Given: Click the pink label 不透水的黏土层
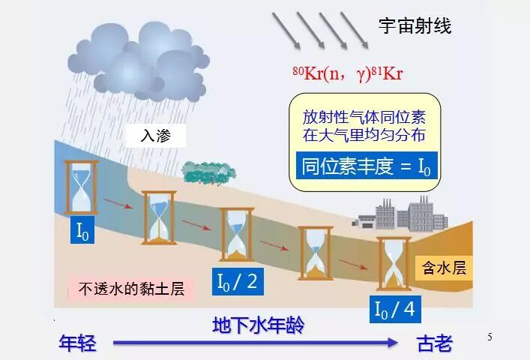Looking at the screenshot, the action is pos(130,288).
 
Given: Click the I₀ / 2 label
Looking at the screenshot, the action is pos(237,282).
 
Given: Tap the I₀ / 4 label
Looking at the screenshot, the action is pos(394,308).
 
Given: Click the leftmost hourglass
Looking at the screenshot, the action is pos(81,187).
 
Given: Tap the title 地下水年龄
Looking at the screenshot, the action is pos(259,325).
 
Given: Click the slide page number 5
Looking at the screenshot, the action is pos(490,337).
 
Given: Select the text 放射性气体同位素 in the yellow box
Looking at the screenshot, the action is pos(360,118).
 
